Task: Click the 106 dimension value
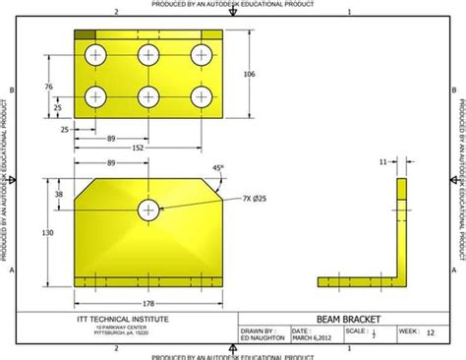[249, 74]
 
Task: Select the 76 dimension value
[49, 87]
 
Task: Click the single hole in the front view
[148, 208]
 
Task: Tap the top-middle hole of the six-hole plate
[148, 55]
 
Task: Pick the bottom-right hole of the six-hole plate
[202, 96]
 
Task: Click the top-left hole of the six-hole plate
[96, 55]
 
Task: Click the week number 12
[430, 332]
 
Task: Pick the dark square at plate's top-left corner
[86, 35]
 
